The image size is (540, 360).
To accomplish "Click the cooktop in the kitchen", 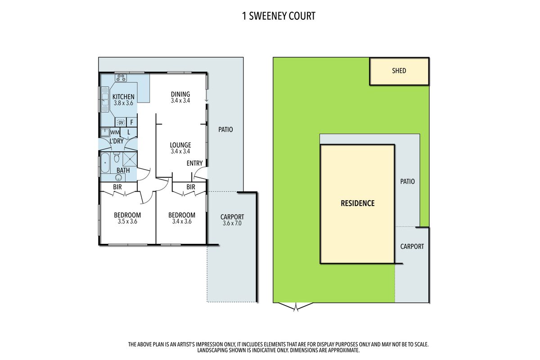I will [x=121, y=77].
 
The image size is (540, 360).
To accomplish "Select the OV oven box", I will [x=121, y=122].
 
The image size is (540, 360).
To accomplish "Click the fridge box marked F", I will [x=132, y=122].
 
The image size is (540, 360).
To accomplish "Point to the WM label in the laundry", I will [x=115, y=132].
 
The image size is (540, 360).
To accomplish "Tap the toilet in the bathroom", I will [x=117, y=158].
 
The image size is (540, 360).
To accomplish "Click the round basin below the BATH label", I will [x=118, y=177].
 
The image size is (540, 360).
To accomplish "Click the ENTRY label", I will [x=194, y=163].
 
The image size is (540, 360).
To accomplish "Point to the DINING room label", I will [x=180, y=94].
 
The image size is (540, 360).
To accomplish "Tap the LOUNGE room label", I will [x=180, y=145].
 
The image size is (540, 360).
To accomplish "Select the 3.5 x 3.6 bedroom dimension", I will [x=127, y=221].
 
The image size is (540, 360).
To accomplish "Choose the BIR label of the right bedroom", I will [x=190, y=187].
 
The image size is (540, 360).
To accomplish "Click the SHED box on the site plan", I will [x=399, y=71].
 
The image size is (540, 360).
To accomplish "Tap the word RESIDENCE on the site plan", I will [x=357, y=203].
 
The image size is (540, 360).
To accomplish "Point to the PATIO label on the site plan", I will [x=407, y=182].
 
